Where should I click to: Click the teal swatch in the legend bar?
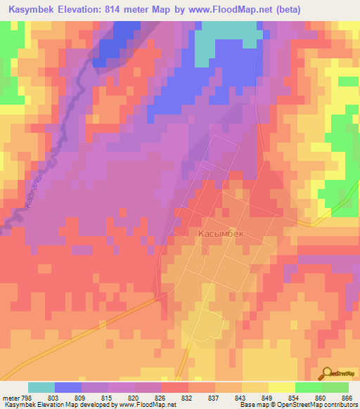pos(41,388)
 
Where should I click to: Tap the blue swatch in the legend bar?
pos(68,388)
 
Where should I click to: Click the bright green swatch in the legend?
pos(309,388)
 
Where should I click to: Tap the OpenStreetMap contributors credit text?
pos(320,405)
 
